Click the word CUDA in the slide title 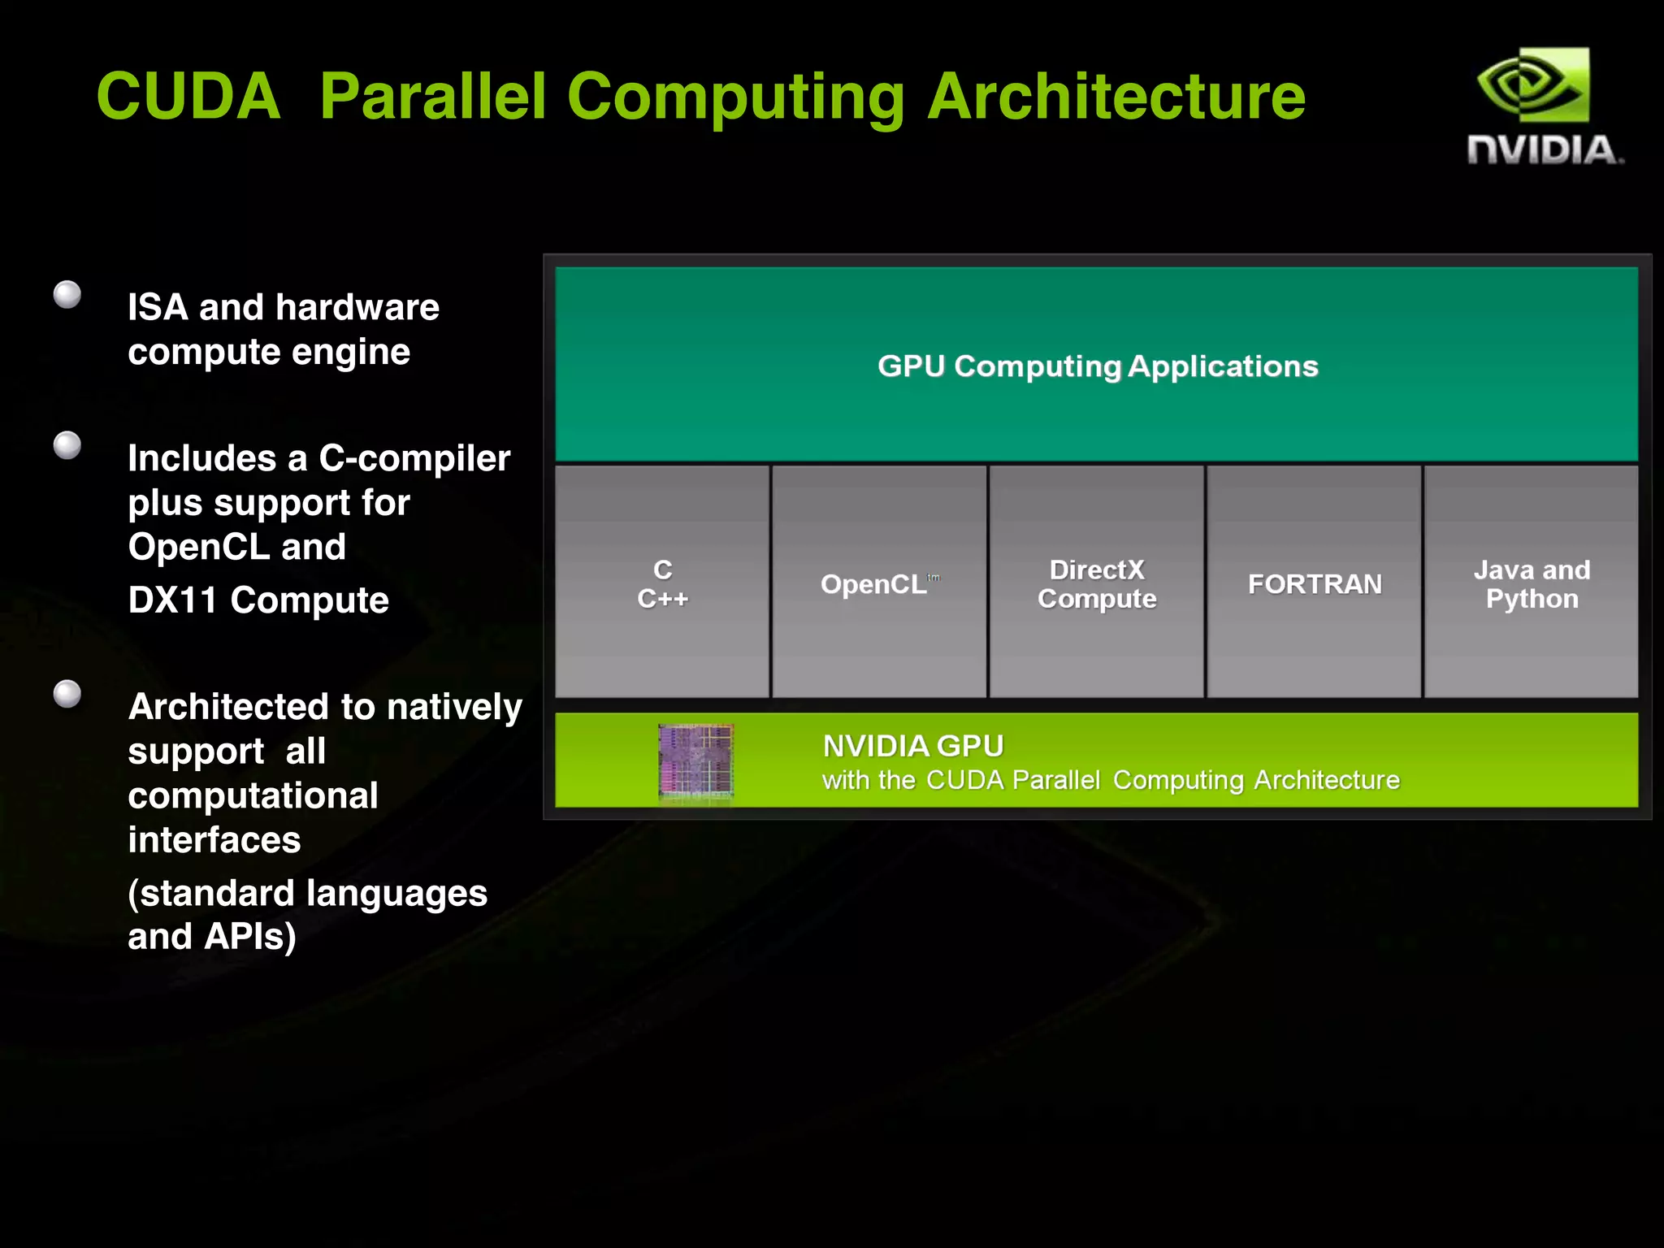188,97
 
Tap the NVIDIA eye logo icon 1532,84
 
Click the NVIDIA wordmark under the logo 1544,150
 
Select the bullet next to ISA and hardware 67,294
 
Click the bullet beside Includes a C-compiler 67,445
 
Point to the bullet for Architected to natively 67,694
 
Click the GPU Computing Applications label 1097,366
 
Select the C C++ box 662,583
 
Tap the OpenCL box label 873,584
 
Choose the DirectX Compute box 1097,583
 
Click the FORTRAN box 1314,583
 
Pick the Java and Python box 1532,583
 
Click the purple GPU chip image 695,761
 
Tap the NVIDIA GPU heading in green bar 912,746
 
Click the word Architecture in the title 1116,97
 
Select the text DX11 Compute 258,600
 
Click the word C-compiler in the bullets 414,458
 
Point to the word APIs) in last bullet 250,937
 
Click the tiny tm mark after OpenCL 934,578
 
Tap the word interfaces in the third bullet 214,839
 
